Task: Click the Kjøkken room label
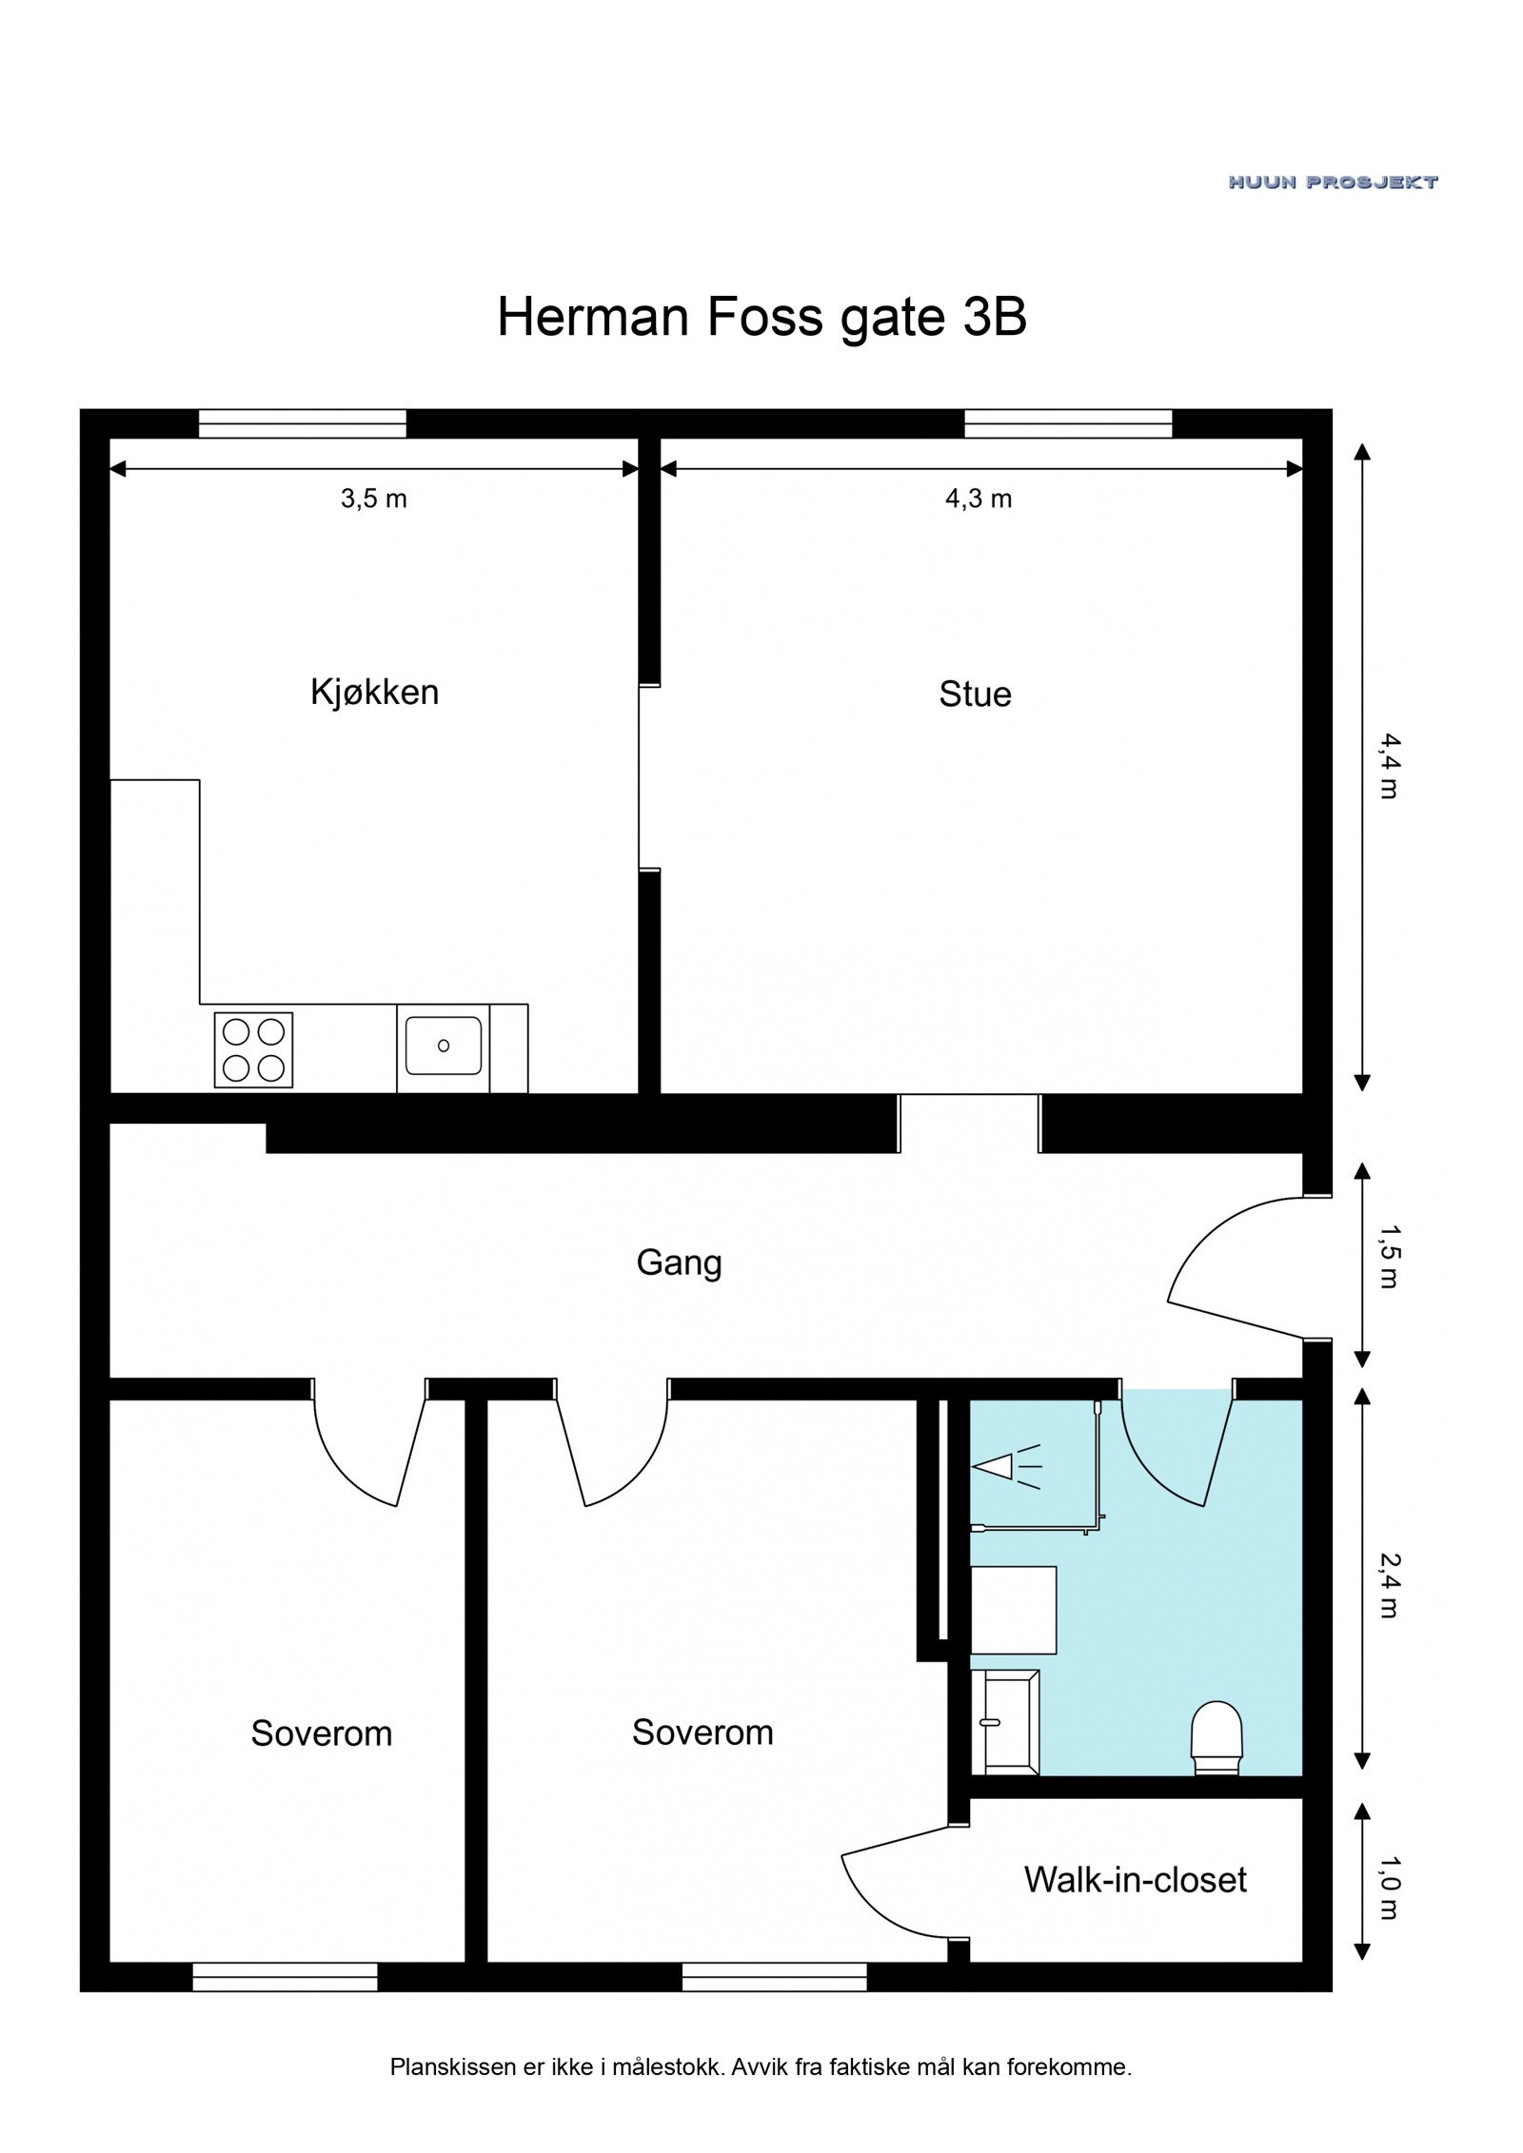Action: (374, 693)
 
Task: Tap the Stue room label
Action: (975, 695)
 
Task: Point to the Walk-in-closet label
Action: (1135, 1880)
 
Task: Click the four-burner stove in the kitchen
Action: (254, 1050)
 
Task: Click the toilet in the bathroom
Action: (1217, 1738)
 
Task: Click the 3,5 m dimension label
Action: (374, 499)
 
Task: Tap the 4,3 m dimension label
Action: (979, 499)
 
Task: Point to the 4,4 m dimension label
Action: (1388, 766)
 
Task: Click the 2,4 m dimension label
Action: (1388, 1585)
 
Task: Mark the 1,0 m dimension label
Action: (1388, 1887)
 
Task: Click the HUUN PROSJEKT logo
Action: (1333, 182)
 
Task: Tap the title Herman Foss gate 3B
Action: (761, 317)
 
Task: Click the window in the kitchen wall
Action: (302, 423)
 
